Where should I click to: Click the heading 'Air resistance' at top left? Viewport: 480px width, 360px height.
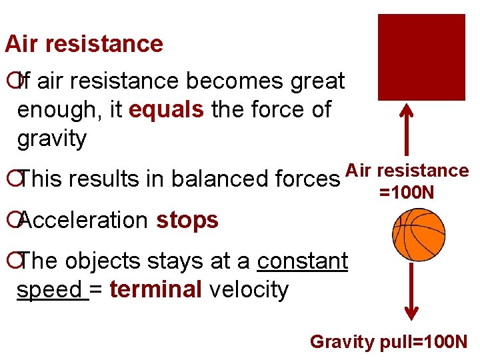coord(84,44)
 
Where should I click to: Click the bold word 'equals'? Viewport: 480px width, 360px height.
coord(166,109)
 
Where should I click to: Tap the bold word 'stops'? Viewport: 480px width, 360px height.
coord(187,219)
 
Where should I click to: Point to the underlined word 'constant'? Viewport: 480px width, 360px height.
coord(302,261)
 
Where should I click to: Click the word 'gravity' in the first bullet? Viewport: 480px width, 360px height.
coord(52,139)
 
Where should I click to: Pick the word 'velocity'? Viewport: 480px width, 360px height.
coord(248,290)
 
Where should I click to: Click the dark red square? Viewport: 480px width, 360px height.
coord(421,57)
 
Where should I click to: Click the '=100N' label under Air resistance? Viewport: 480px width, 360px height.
coord(407,193)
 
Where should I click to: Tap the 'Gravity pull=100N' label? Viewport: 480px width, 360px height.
coord(389,342)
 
